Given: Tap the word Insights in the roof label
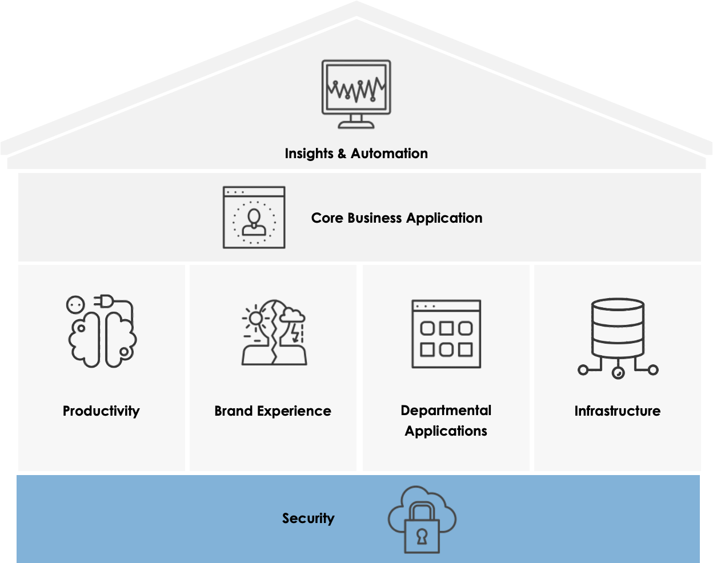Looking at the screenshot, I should [x=309, y=154].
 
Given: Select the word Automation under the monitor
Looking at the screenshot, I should [x=389, y=154].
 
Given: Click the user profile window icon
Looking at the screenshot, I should [x=254, y=217].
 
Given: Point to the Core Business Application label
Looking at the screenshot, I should [x=396, y=218].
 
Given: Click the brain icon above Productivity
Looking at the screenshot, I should [x=102, y=332].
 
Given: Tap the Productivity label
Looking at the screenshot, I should [x=101, y=411].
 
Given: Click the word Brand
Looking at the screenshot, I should [x=234, y=411].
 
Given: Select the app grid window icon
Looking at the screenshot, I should [x=446, y=334].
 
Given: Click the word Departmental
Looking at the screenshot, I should [x=446, y=411].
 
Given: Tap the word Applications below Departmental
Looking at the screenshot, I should [x=446, y=431].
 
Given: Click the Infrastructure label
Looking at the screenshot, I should [x=618, y=411].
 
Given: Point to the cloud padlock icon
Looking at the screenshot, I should [x=422, y=520].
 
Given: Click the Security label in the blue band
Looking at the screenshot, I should [x=308, y=518].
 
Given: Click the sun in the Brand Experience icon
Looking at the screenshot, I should [x=255, y=317].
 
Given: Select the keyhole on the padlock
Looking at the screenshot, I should [x=422, y=536].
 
